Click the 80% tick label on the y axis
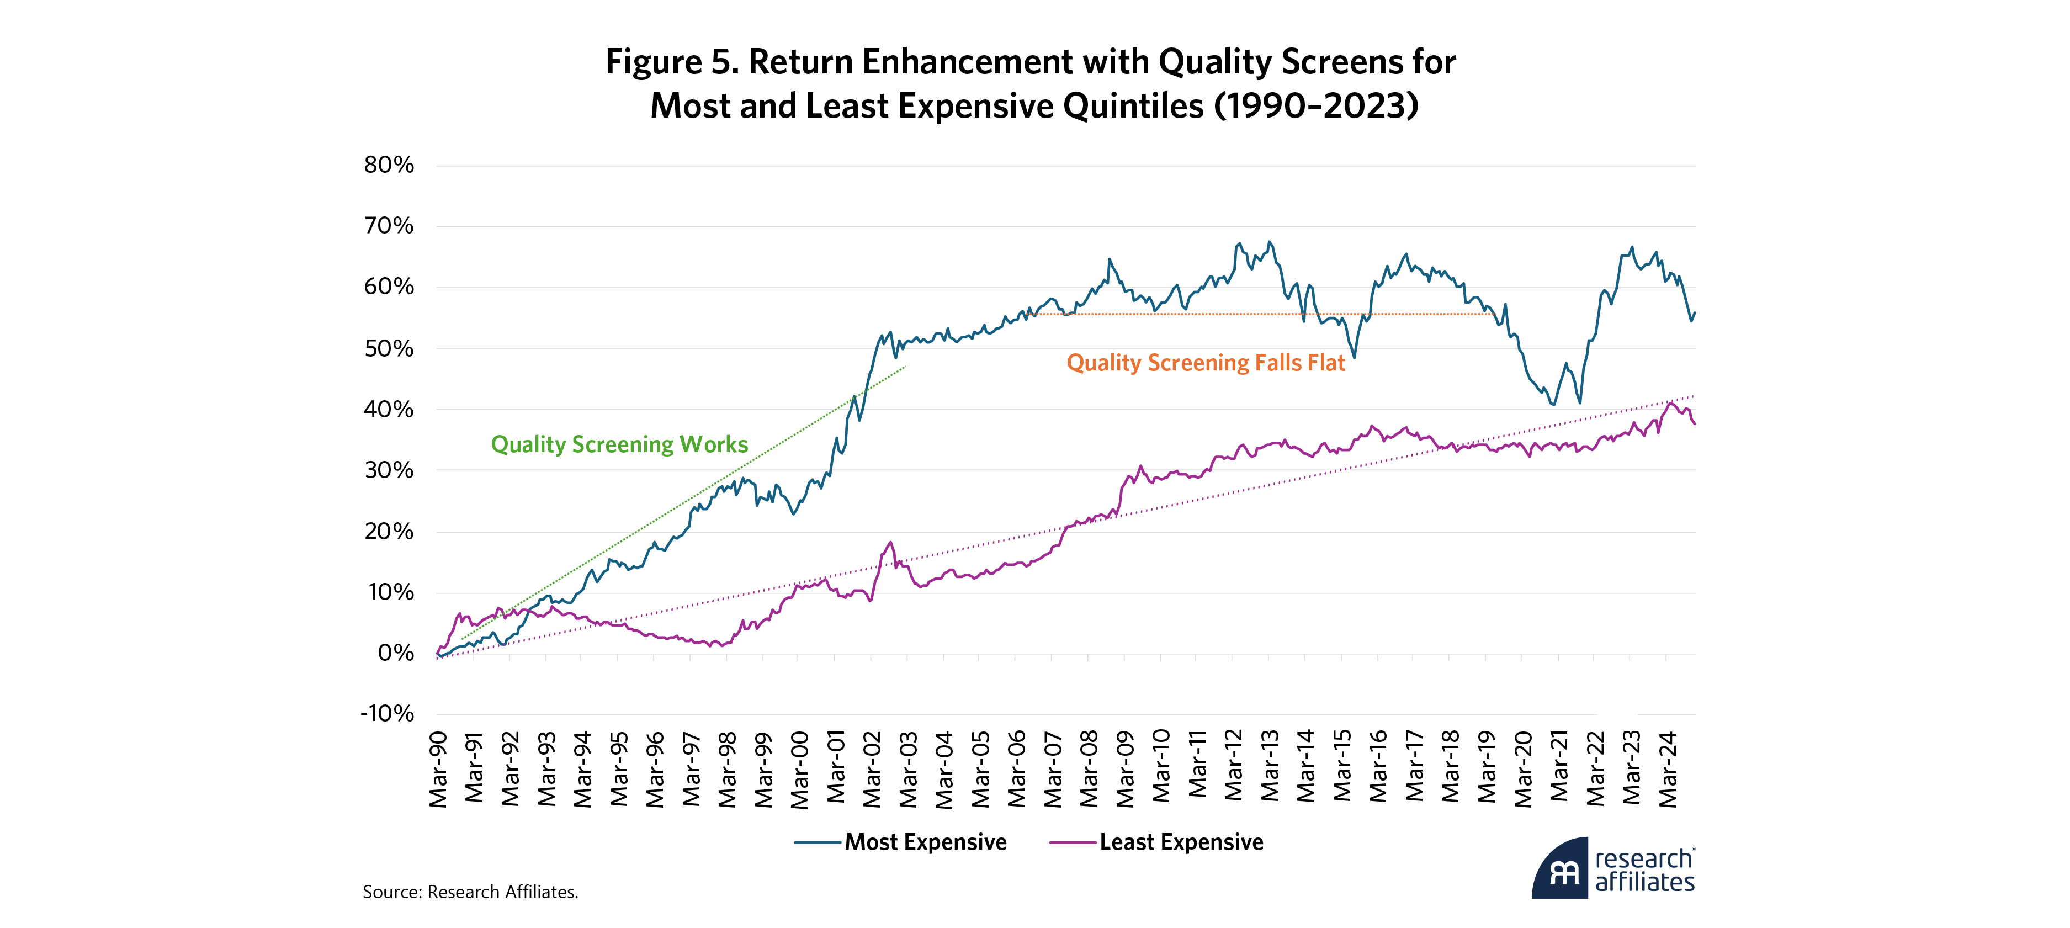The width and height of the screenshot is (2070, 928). (389, 166)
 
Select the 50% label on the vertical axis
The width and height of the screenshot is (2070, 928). (389, 349)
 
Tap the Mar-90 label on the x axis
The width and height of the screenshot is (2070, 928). (438, 769)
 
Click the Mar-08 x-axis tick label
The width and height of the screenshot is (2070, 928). (1089, 769)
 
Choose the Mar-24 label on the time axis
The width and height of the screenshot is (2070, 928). (1668, 769)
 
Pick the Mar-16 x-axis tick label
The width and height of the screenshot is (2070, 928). (1378, 769)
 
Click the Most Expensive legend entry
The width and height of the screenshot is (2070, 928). (925, 842)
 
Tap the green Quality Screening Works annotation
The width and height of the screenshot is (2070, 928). (619, 444)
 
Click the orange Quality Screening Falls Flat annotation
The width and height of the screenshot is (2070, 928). (1206, 363)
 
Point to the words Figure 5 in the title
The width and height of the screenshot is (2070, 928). (671, 62)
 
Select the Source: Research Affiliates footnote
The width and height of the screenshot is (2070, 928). (470, 892)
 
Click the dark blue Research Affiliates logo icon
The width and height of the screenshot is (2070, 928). (1561, 870)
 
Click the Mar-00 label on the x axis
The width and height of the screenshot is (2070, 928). (799, 769)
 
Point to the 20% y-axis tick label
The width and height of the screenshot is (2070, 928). (389, 531)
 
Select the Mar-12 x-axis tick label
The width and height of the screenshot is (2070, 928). (1234, 769)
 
